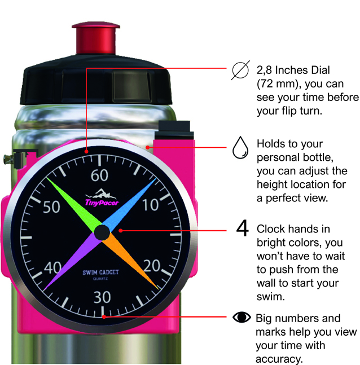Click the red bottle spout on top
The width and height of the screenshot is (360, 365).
[96, 38]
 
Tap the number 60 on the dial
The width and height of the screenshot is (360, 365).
[99, 175]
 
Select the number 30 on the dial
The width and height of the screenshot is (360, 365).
[102, 297]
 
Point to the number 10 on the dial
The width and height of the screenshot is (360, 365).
[151, 205]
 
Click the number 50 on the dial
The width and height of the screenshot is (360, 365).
[51, 206]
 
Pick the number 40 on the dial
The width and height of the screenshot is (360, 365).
[52, 267]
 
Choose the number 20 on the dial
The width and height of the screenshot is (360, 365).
[152, 266]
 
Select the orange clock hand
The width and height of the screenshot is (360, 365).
[131, 261]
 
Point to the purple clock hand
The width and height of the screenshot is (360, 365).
[72, 261]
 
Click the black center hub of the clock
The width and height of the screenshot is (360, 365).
[102, 232]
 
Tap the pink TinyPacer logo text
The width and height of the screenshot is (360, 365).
[102, 203]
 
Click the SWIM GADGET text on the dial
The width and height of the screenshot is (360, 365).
[100, 272]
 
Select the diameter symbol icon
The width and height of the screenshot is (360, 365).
[240, 70]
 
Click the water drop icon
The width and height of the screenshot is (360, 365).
[240, 148]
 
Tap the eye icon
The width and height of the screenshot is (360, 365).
[242, 317]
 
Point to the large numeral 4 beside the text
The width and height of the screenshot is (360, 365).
[243, 228]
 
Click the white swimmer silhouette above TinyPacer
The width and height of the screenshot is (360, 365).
[99, 194]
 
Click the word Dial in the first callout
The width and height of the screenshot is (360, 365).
[321, 70]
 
